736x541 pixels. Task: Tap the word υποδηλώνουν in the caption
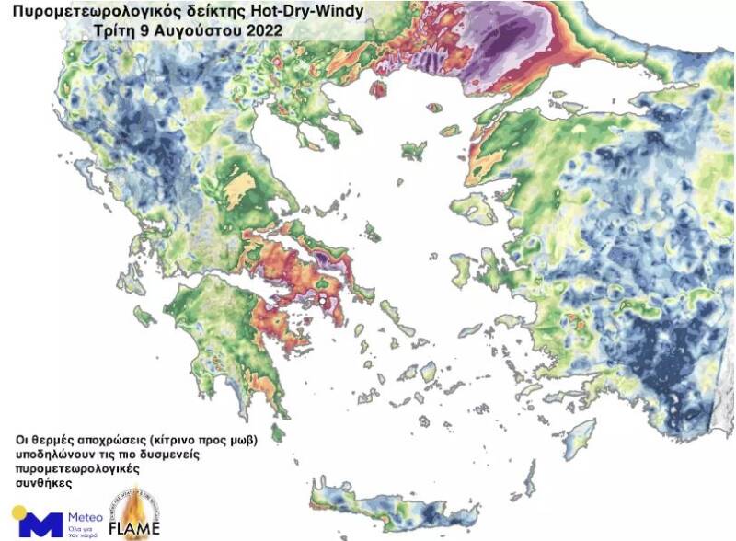pyautogui.click(x=54, y=455)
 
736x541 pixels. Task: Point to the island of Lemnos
pyautogui.click(x=414, y=150)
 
